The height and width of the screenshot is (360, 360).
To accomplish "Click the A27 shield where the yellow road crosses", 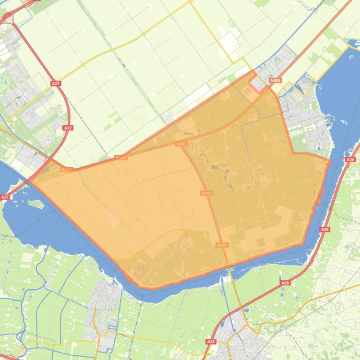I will point(56,83).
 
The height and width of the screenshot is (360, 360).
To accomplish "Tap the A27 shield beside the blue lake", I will point(5,197).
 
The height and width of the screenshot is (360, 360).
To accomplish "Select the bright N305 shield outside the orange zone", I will point(275,80).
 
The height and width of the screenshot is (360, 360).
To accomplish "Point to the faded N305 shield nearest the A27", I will point(66,170).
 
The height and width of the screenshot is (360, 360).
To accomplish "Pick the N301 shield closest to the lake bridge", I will point(222,245).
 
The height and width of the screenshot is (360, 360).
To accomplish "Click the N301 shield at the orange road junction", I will point(182,144).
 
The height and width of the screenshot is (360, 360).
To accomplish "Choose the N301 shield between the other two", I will point(206,193).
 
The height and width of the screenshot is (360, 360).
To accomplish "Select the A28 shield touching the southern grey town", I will point(211,342).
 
